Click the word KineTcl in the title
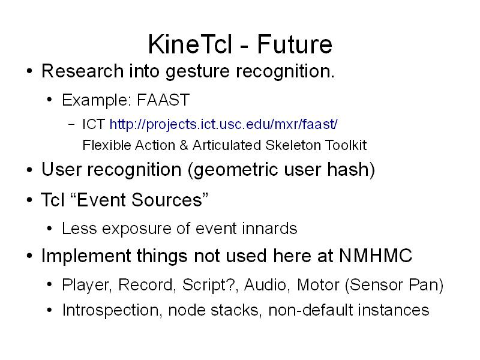[190, 44]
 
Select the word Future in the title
[295, 44]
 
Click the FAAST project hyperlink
[223, 125]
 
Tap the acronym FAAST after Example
[163, 100]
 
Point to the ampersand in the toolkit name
[184, 145]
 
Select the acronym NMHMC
[376, 256]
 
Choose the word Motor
[319, 284]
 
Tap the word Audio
[265, 285]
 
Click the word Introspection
[110, 310]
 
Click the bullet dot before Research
[29, 71]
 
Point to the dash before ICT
[71, 125]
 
